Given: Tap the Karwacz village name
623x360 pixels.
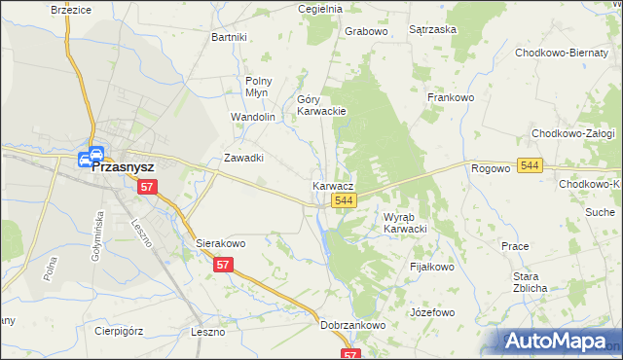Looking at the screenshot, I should pos(333,185).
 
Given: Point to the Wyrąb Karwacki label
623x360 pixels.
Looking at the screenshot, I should pos(406,223).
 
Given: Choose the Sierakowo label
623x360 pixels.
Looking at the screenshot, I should pos(220,243).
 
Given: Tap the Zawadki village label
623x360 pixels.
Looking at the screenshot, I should pos(245,158).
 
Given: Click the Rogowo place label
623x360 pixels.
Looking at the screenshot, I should pos(491,168).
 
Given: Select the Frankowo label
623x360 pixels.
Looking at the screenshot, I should pos(450,97).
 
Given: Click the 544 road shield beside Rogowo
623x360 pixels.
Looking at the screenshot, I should pos(530,166).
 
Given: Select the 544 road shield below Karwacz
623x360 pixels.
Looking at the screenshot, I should pos(343,200).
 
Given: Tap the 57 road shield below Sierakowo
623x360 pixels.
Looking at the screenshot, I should pos(224,265).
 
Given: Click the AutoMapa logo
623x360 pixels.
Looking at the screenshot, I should pos(559,342).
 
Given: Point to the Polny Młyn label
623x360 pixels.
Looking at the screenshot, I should pos(259,87).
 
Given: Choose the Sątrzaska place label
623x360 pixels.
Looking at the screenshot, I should pos(433,30).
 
